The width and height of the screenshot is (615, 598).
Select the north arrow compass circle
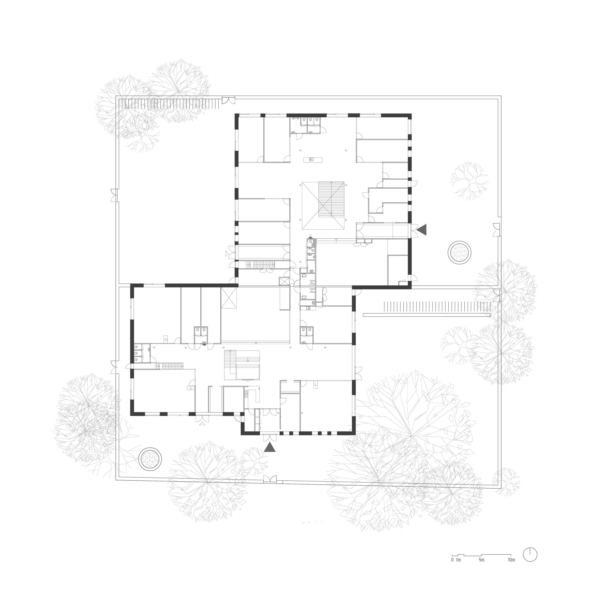point(530,555)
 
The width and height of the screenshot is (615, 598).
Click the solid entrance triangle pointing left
point(422,229)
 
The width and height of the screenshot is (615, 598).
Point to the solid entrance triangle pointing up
point(270,447)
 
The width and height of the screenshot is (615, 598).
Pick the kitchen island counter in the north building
point(313,160)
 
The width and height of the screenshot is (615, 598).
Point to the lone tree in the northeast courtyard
point(469,181)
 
